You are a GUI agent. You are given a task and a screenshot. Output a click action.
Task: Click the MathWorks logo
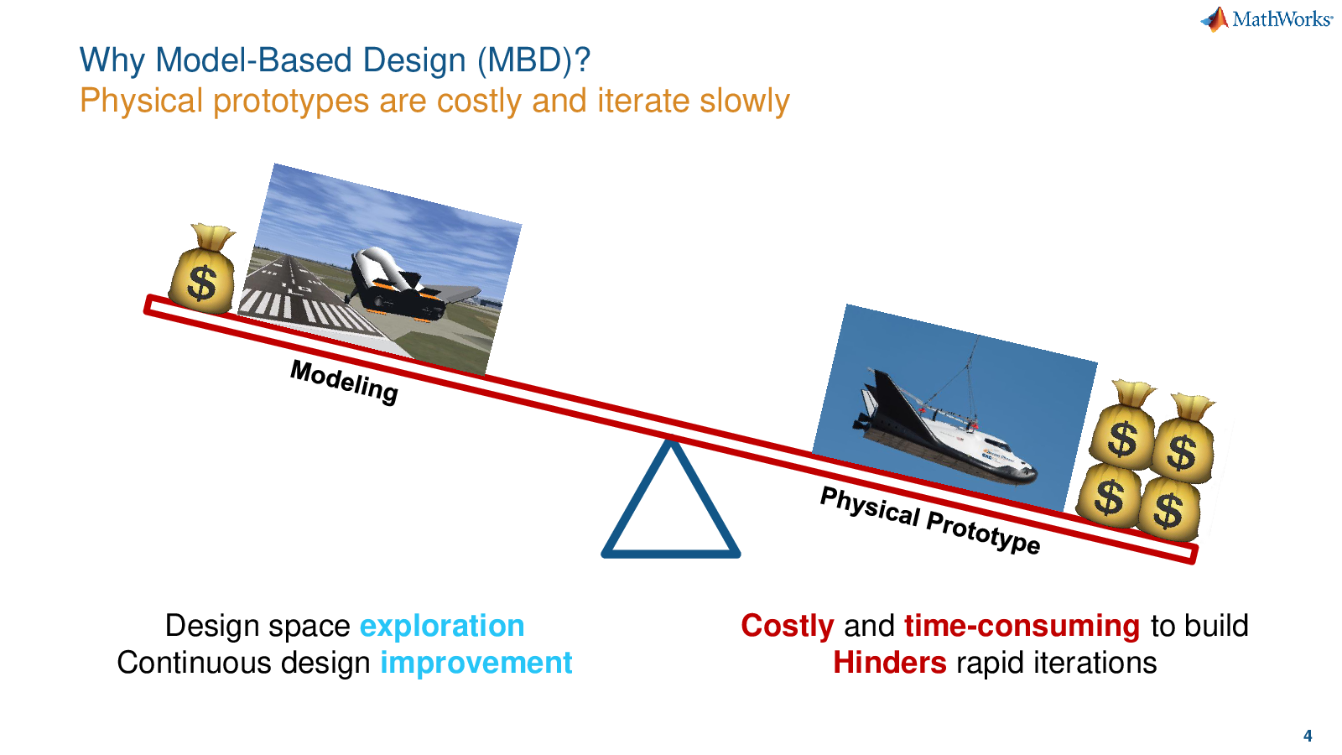(x=1267, y=19)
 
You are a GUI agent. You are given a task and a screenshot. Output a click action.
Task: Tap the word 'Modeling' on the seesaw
(x=345, y=382)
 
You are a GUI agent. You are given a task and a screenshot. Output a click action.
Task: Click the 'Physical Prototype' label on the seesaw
(x=930, y=520)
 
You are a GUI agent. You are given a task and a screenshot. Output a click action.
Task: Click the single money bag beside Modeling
(x=202, y=269)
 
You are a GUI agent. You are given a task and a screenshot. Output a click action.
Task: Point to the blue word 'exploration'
(x=441, y=626)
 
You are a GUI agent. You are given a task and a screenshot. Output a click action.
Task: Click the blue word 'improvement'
(x=476, y=664)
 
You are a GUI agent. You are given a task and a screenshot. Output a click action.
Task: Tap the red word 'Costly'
(x=788, y=627)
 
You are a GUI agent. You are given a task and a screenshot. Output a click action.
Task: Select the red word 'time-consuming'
(x=1022, y=626)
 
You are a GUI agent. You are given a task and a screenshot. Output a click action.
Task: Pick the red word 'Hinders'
(x=890, y=663)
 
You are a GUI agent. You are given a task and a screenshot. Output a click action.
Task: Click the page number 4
(x=1308, y=735)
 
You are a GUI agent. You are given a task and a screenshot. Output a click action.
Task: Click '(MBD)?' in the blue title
(x=534, y=61)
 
